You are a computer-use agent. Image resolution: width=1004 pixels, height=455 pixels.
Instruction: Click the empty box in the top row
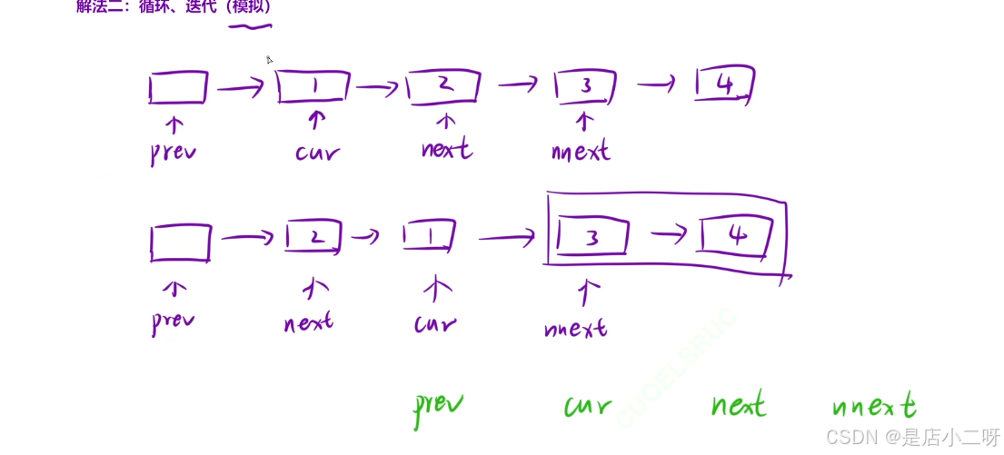178,87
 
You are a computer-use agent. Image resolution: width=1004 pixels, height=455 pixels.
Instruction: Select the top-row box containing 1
313,86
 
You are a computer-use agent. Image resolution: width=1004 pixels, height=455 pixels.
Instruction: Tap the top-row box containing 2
443,86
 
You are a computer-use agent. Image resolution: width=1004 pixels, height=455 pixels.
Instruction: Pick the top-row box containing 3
585,86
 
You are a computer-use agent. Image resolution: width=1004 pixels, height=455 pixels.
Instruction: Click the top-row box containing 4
724,84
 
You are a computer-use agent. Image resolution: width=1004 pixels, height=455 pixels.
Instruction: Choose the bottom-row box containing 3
592,238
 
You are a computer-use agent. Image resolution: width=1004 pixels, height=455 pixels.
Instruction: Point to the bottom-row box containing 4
736,237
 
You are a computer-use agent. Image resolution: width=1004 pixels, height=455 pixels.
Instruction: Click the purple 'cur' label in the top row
317,151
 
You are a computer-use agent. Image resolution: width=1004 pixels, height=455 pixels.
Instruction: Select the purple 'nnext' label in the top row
582,151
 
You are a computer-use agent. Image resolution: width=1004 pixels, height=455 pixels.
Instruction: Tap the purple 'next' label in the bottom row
308,321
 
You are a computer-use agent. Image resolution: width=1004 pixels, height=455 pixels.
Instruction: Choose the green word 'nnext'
873,407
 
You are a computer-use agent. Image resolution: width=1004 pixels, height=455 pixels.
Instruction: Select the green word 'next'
738,405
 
